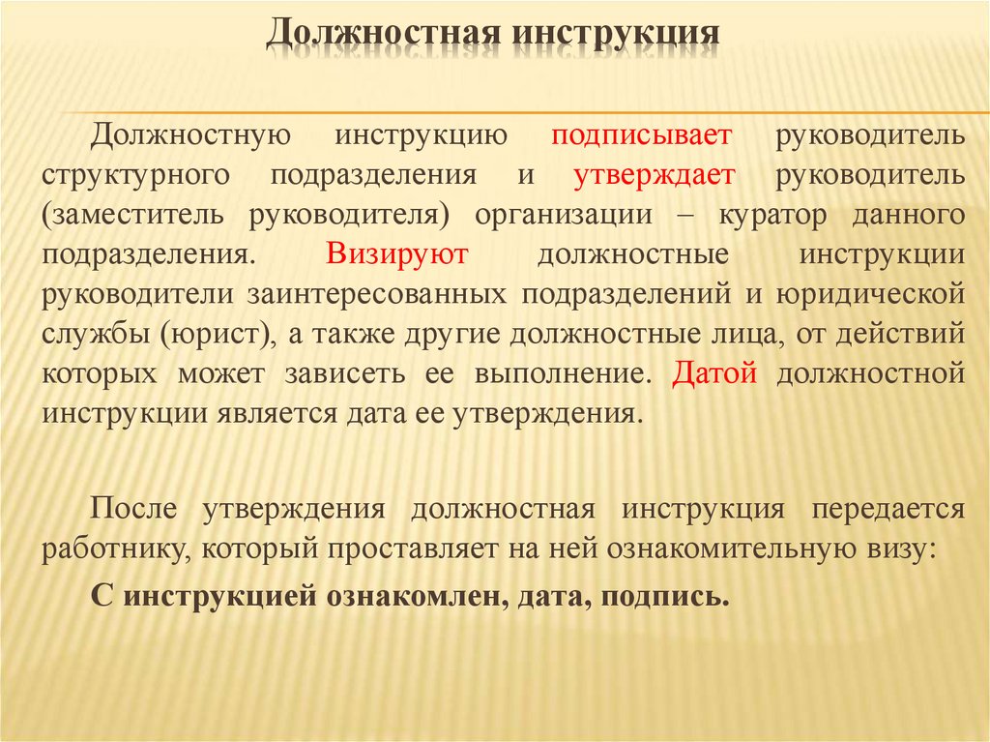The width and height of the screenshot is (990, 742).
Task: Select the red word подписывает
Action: tap(642, 134)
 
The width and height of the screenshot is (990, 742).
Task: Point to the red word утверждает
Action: tap(655, 174)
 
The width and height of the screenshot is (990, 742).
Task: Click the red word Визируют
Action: tap(397, 253)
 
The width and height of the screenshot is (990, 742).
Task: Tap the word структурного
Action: tap(135, 174)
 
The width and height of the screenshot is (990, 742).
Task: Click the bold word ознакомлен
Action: tap(405, 593)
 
